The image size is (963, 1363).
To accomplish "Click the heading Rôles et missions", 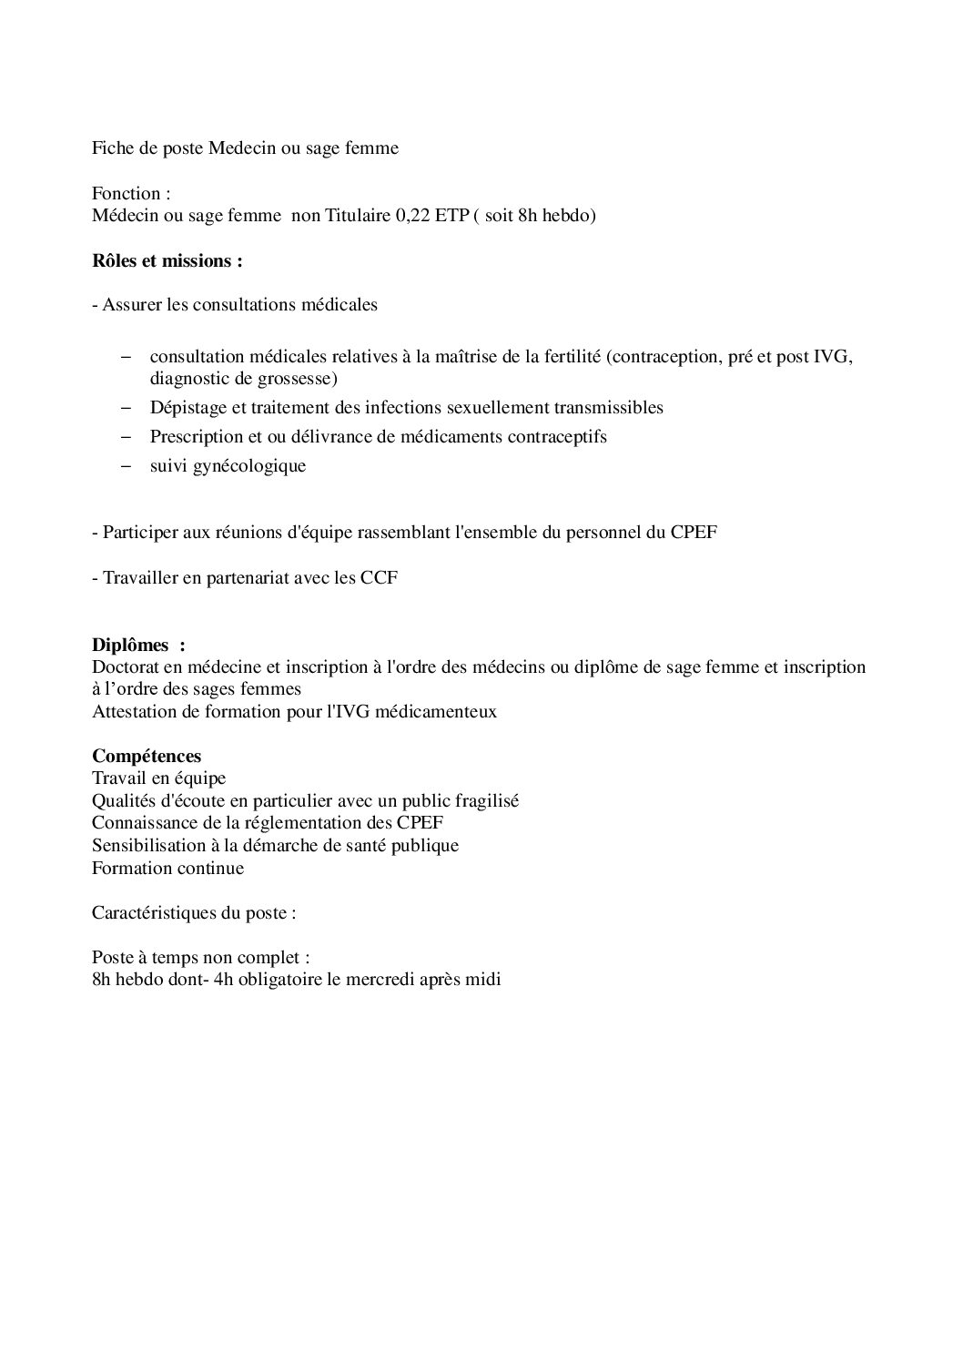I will click(167, 261).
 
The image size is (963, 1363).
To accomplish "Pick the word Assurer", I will click(132, 305).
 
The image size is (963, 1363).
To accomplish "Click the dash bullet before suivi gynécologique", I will click(126, 466).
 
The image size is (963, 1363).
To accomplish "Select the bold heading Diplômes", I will click(130, 645).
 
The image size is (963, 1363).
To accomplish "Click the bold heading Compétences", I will click(147, 757).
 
